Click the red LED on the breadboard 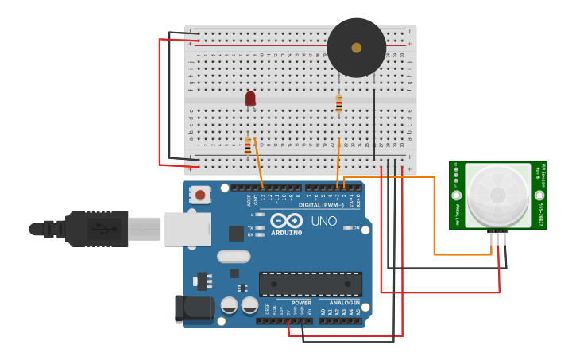[x=250, y=98]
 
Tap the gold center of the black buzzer [x=356, y=48]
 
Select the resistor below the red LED [x=248, y=145]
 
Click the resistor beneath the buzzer [x=339, y=103]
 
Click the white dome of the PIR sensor [x=497, y=194]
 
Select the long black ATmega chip [x=310, y=284]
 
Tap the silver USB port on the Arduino [x=187, y=229]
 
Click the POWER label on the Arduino [x=301, y=303]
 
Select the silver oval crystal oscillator [x=233, y=256]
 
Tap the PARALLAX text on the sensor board [x=458, y=213]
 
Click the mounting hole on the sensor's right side [x=539, y=195]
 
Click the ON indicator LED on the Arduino [x=348, y=228]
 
